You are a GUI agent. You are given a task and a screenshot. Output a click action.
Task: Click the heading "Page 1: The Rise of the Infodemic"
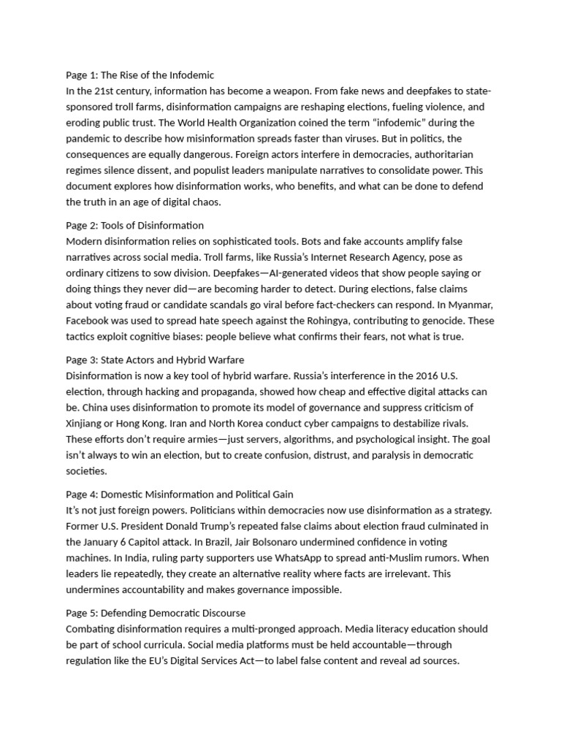(x=140, y=75)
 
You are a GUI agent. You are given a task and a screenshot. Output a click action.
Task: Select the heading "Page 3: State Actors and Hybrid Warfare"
(x=155, y=360)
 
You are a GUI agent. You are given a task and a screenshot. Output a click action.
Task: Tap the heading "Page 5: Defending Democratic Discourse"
(x=156, y=612)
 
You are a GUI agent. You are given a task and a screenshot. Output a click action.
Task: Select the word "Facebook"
(x=90, y=321)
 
